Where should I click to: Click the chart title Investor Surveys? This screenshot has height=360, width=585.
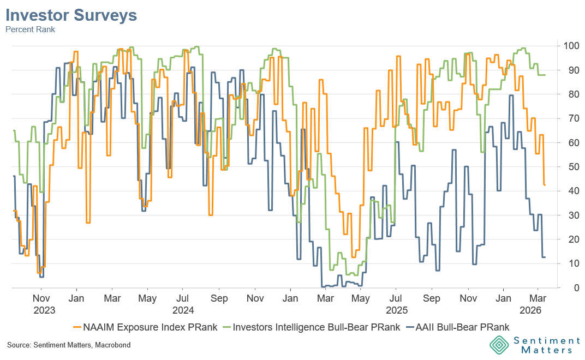pos(71,16)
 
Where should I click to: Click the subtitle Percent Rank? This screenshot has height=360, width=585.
pos(31,29)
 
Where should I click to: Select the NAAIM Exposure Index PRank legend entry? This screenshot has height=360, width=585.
pos(145,327)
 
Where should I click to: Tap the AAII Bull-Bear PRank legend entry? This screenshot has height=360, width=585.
pos(459,327)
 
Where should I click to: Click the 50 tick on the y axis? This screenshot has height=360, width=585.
pos(569,166)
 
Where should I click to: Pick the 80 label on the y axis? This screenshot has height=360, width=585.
pos(569,94)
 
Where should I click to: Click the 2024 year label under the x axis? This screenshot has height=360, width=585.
pos(183,310)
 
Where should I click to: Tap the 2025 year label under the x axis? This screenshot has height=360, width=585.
pos(397,310)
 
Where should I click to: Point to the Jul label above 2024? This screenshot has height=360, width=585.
pos(183,299)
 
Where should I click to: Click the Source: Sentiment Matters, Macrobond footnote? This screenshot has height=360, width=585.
pos(69,345)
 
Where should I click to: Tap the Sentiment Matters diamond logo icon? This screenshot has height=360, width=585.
pos(498,345)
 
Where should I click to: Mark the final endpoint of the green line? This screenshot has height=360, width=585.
pos(545,75)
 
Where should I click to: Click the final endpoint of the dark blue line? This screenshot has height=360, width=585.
pos(545,257)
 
